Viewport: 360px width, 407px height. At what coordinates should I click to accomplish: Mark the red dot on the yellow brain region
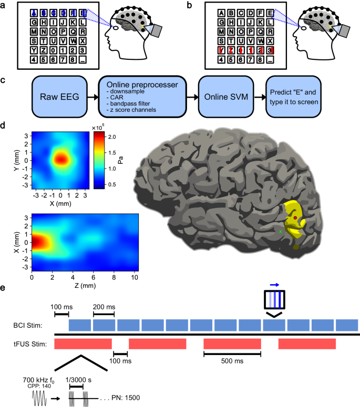click(295, 217)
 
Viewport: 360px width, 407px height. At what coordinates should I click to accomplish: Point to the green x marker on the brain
click(280, 231)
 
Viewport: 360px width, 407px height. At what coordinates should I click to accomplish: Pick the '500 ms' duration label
click(232, 361)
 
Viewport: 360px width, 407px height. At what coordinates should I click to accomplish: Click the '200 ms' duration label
click(103, 306)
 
